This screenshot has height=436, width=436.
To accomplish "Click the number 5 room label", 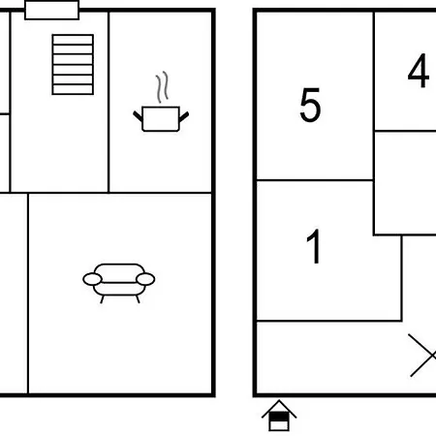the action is coord(310,105).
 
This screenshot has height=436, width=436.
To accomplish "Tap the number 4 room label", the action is coord(419,71).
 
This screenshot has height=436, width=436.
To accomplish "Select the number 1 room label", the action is coord(313,246).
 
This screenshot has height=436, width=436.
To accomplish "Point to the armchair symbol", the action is coord(119,283).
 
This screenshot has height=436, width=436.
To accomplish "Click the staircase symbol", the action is coord(73,65).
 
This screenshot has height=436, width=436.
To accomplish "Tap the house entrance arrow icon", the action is coord(279,416).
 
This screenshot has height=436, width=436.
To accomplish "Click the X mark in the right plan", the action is coord(423,356).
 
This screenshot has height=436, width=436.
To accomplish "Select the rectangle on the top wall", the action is coord(52,10).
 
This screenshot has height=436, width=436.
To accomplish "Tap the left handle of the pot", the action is coord(138,116).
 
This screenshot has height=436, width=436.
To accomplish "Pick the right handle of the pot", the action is coord(184,117).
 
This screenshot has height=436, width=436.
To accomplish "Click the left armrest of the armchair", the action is coord(93,279).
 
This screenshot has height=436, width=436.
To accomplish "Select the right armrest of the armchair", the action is coord(145,279).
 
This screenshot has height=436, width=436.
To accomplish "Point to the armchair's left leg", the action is coord(102,299).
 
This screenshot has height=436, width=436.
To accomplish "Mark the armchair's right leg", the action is coord(138,299).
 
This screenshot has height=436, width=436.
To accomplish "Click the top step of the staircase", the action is coord(73,40).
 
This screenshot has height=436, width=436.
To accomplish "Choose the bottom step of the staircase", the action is coord(73,89).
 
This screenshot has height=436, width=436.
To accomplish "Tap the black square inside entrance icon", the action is coord(279,417).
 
